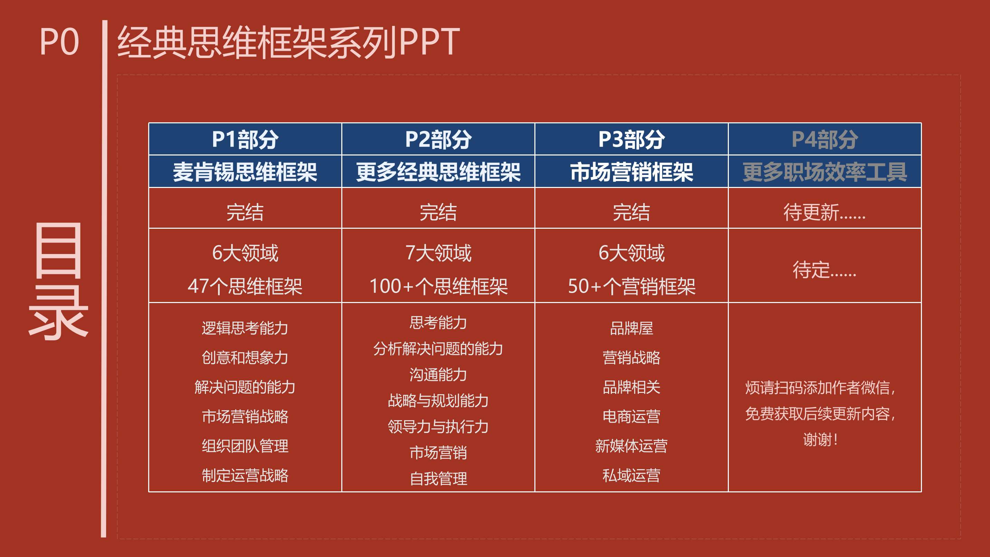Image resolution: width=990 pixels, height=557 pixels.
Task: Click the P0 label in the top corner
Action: coord(59,42)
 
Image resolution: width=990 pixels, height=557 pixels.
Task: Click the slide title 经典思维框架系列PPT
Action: coord(288,42)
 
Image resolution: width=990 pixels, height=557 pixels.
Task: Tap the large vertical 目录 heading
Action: coord(59,281)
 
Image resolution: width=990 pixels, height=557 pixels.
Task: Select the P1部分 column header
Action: coord(245,139)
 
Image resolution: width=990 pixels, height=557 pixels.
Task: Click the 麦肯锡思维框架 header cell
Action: coord(245,172)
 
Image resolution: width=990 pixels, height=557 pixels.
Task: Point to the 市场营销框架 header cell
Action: coord(631,172)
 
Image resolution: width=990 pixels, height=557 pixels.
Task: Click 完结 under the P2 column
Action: coord(438,212)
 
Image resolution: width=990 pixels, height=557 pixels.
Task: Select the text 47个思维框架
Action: coord(245,286)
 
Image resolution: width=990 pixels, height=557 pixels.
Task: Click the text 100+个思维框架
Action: coord(438,286)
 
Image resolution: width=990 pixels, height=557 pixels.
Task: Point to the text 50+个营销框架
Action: coord(631,286)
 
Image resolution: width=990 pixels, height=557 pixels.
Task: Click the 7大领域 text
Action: coord(438,253)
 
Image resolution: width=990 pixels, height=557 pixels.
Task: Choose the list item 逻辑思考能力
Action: coord(245,328)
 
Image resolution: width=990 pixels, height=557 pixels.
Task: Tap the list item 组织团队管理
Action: coord(245,446)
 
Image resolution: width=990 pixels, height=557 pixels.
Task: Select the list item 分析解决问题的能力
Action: coord(438,349)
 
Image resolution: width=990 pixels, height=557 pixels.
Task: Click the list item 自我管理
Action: coord(438,479)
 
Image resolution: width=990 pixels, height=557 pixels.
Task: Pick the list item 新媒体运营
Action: coord(631,446)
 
